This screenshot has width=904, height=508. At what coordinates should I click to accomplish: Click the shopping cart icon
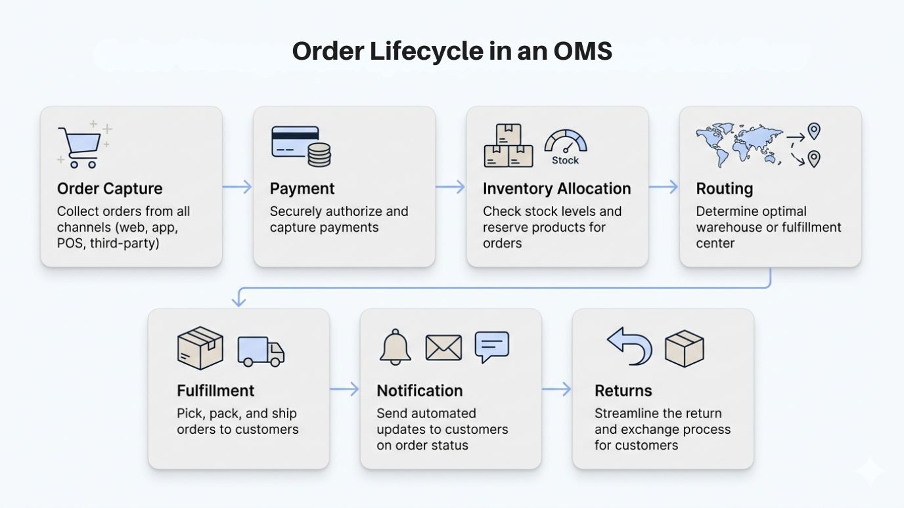pyautogui.click(x=79, y=146)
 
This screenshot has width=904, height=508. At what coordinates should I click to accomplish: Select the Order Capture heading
pyautogui.click(x=110, y=189)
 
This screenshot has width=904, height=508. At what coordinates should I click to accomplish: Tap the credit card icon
pyautogui.click(x=294, y=141)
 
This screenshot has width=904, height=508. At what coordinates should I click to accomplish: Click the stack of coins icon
pyautogui.click(x=319, y=156)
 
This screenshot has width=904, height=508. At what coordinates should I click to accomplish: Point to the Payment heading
pyautogui.click(x=302, y=189)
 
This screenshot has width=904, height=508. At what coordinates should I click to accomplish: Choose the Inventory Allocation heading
pyautogui.click(x=556, y=189)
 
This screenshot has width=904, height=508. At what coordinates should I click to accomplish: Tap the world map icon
pyautogui.click(x=740, y=144)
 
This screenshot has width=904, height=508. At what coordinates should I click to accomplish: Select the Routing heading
pyautogui.click(x=724, y=189)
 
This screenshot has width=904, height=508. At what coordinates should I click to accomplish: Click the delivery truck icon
pyautogui.click(x=261, y=351)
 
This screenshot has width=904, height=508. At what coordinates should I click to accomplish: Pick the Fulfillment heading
pyautogui.click(x=215, y=391)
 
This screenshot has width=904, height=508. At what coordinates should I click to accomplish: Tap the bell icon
pyautogui.click(x=395, y=347)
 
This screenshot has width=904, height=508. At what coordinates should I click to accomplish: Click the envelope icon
pyautogui.click(x=443, y=348)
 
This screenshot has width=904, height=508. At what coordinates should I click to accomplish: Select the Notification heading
pyautogui.click(x=420, y=391)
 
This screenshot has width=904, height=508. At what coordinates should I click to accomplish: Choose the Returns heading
pyautogui.click(x=623, y=391)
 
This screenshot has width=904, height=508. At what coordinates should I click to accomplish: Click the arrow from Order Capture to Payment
pyautogui.click(x=237, y=187)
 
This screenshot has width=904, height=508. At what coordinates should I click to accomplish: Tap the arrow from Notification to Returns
pyautogui.click(x=556, y=390)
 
